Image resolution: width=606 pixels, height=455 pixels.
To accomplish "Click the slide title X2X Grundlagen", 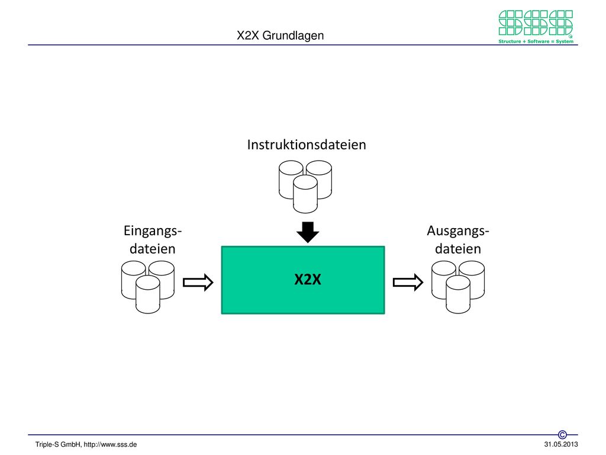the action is click(280, 36).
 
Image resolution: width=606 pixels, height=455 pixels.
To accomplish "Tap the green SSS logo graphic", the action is click(536, 23).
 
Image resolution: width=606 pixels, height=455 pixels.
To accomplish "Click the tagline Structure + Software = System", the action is click(536, 41).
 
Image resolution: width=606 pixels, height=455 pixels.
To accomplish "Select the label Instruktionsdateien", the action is click(307, 145).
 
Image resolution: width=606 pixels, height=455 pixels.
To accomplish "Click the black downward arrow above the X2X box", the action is click(308, 232).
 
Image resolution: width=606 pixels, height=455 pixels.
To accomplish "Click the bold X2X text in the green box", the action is click(308, 280).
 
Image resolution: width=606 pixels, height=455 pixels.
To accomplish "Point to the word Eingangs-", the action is click(153, 231).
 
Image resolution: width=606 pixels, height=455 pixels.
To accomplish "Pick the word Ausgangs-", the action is click(458, 231).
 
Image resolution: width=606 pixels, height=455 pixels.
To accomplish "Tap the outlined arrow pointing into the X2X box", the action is click(198, 283).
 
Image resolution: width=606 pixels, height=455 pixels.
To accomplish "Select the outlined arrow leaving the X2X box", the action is click(408, 283).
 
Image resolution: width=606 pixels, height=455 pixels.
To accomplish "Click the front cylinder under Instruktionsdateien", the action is click(305, 194).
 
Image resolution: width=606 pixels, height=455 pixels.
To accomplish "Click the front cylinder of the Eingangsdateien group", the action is click(147, 294).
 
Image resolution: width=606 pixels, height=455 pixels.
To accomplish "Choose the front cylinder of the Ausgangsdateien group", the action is click(458, 294).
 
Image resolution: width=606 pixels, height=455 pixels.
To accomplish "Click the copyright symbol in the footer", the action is click(562, 435).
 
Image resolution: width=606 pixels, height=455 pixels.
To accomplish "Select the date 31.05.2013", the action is click(561, 444).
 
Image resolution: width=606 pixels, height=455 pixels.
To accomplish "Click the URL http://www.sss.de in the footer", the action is click(110, 445).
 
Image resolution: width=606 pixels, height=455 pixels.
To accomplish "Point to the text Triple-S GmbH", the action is click(59, 445).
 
